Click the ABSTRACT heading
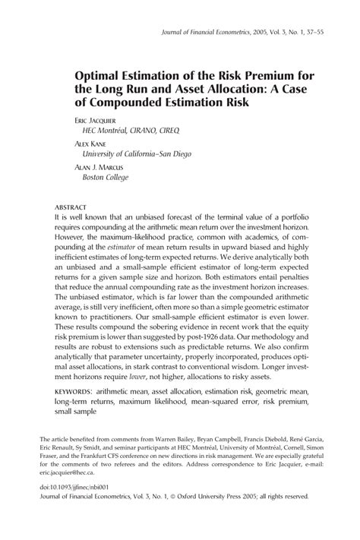click(x=70, y=207)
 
